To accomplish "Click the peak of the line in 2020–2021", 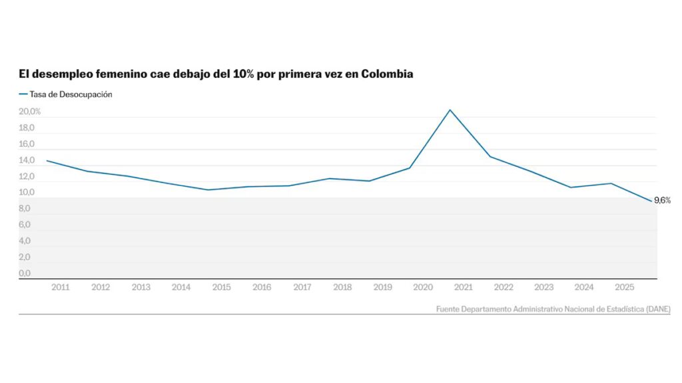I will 450,110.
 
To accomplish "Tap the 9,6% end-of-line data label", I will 662,200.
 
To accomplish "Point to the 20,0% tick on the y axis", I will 30,112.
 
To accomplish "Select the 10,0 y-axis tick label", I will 26,193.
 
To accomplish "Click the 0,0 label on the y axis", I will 25,273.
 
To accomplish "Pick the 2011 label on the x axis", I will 61,287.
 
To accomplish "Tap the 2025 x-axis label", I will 624,287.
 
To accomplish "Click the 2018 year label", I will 342,287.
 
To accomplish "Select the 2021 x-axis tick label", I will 463,287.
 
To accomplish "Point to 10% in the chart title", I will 244,74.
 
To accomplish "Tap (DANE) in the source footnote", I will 658,309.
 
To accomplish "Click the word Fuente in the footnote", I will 450,309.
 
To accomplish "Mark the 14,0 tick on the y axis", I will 26,160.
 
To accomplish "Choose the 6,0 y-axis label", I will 25,225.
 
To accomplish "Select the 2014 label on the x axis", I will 181,287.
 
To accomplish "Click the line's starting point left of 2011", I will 47,160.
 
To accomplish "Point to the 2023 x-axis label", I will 543,287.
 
